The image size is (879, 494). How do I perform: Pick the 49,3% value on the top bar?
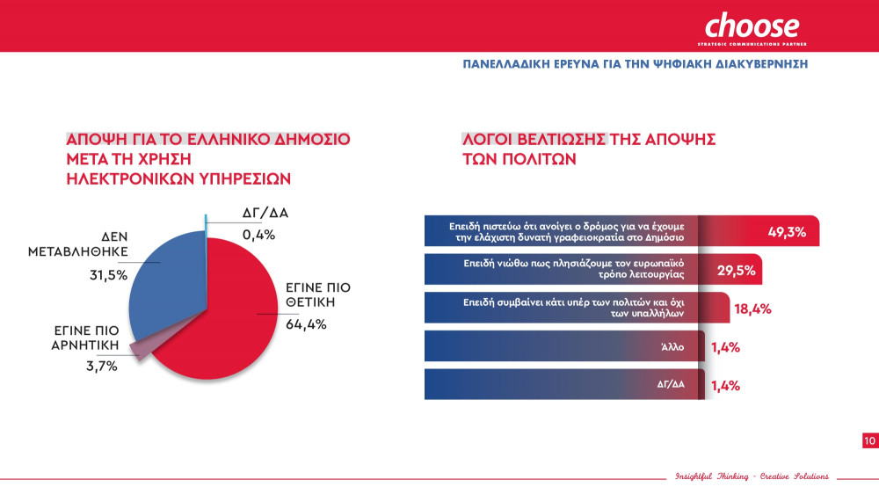point(788,232)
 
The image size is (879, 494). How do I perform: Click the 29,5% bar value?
point(736,270)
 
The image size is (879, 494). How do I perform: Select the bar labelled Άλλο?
point(563,346)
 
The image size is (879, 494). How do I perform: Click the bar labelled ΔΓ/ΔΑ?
point(563,385)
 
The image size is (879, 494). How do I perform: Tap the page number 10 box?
point(869,441)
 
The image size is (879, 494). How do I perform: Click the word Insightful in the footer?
point(694,476)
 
